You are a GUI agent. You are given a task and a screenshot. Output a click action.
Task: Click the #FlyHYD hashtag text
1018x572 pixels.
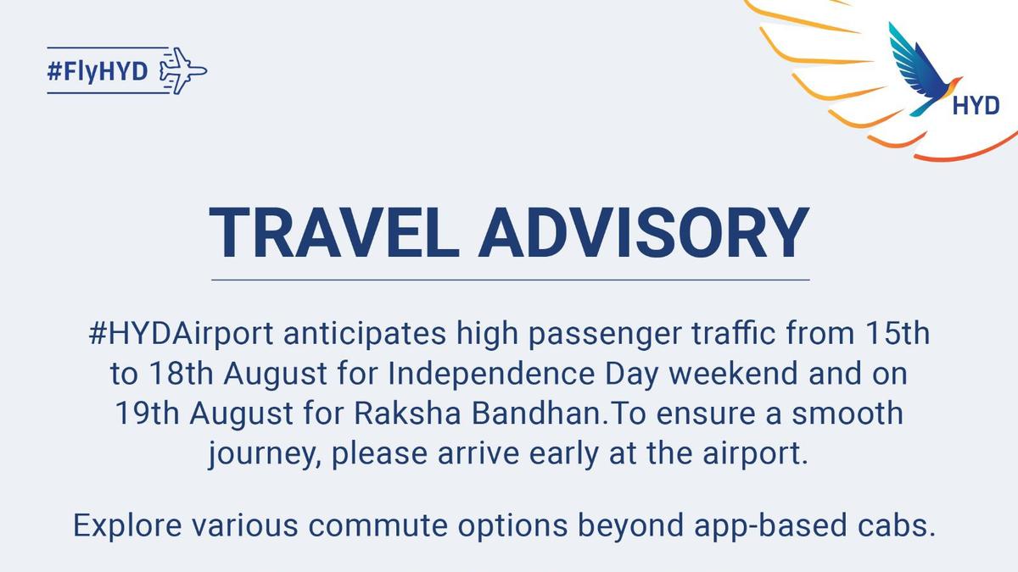[x=98, y=71]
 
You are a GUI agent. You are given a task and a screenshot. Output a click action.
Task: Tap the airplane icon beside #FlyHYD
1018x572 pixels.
[x=183, y=71]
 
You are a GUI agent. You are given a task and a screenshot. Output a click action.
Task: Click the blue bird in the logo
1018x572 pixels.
[x=925, y=69]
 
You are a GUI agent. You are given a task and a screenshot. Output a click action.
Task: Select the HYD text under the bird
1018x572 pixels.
[x=976, y=106]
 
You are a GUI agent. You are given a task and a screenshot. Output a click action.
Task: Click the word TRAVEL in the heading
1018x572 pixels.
[x=334, y=233]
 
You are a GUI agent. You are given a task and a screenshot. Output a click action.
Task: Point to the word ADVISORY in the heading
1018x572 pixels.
[x=644, y=233]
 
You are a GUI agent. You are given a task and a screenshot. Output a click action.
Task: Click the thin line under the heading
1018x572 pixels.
[x=511, y=280]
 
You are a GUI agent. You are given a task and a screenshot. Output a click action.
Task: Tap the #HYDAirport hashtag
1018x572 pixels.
[x=181, y=335]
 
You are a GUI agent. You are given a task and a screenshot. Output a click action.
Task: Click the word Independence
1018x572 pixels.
[x=491, y=373]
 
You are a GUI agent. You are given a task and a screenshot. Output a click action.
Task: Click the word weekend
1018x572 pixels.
[x=734, y=373]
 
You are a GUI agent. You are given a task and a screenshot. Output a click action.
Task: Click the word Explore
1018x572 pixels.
[x=127, y=526]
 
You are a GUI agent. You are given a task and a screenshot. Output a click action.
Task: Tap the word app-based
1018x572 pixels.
[x=770, y=526]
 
